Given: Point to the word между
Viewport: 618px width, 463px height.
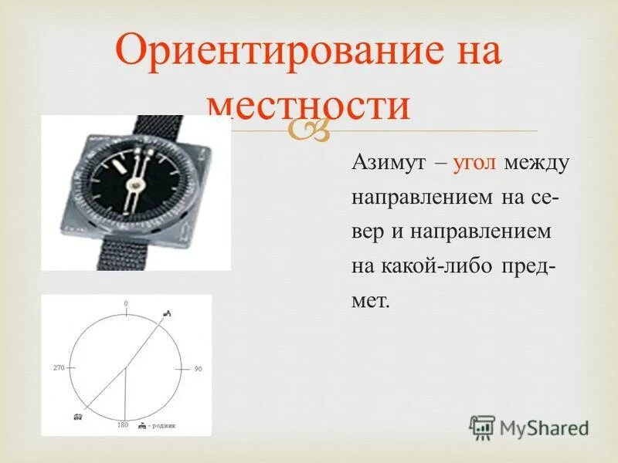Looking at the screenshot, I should pyautogui.click(x=538, y=164).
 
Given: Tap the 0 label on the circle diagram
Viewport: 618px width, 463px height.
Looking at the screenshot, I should pyautogui.click(x=125, y=304).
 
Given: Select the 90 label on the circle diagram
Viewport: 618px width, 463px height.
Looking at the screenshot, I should pyautogui.click(x=198, y=370).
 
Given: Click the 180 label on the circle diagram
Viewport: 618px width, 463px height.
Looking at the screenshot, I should pyautogui.click(x=122, y=425).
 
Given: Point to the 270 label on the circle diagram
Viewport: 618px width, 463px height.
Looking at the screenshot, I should pyautogui.click(x=59, y=367).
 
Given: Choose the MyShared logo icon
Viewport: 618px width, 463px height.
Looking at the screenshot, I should pyautogui.click(x=482, y=428).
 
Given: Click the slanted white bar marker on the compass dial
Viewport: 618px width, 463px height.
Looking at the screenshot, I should pyautogui.click(x=118, y=165).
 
